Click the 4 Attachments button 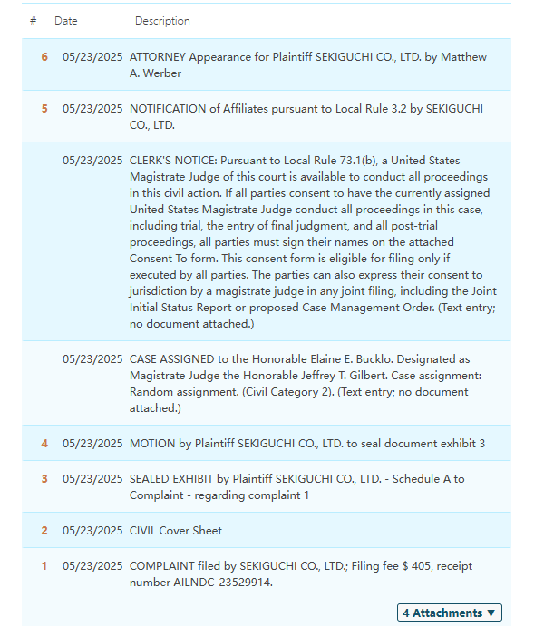click(x=449, y=612)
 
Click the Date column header click(x=66, y=21)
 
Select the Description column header click(x=162, y=21)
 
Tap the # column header click(x=33, y=21)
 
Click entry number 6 click(x=44, y=57)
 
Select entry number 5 click(x=44, y=109)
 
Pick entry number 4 click(x=44, y=444)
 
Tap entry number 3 click(x=44, y=479)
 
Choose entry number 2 click(x=44, y=531)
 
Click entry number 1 click(x=44, y=566)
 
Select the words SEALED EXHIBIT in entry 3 click(x=176, y=479)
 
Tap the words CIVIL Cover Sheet click(x=176, y=531)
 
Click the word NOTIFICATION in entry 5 click(x=169, y=109)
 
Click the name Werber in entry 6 click(x=161, y=73)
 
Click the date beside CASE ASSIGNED click(x=92, y=359)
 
